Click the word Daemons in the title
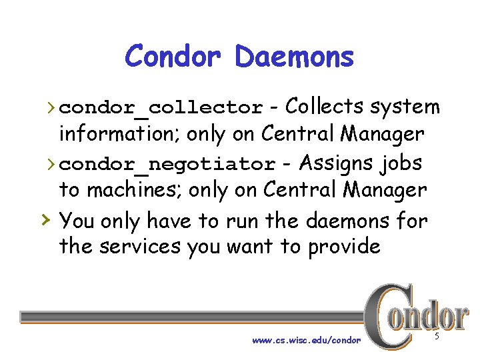point(294,56)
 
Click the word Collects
point(325,107)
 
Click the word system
point(405,107)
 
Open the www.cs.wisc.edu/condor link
point(306,341)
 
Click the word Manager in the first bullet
point(382,135)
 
